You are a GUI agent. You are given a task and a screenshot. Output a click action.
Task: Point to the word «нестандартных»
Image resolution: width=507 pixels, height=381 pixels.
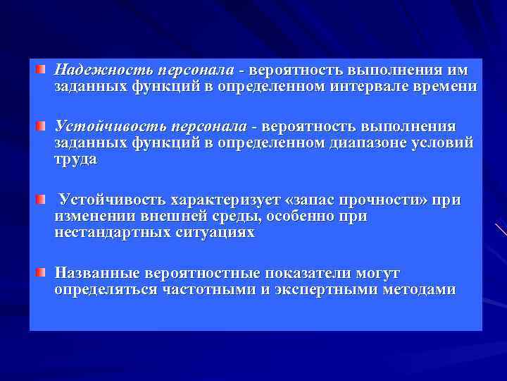[112, 233]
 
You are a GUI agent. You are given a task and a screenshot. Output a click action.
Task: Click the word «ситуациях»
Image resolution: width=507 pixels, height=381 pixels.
[214, 233]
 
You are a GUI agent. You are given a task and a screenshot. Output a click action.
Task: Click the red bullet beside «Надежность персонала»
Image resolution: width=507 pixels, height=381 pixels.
[42, 70]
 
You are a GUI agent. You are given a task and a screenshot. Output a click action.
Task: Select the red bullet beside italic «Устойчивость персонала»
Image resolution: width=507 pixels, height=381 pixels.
[42, 126]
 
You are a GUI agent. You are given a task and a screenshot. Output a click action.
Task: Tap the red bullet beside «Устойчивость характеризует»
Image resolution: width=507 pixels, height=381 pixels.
[42, 199]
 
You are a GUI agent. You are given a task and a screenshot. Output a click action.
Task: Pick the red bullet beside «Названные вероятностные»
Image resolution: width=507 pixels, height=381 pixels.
[42, 272]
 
